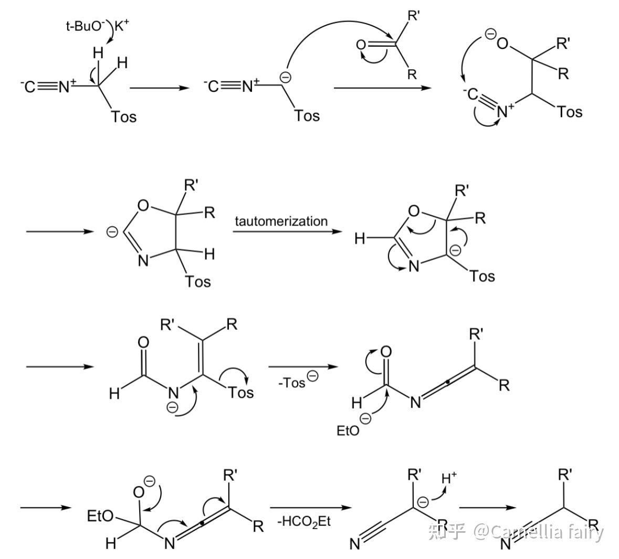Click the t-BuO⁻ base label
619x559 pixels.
[85, 26]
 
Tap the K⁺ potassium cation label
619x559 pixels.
[122, 26]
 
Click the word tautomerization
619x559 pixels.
[281, 221]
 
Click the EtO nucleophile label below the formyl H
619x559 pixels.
[348, 430]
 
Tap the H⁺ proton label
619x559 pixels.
[449, 478]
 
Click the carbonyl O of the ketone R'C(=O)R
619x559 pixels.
[361, 45]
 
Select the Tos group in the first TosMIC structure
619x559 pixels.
[123, 117]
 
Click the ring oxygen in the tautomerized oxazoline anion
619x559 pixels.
[414, 210]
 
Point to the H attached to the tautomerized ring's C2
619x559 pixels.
[360, 238]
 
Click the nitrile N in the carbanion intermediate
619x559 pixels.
[355, 544]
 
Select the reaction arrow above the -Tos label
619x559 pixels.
[303, 367]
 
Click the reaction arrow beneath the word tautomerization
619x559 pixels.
[287, 231]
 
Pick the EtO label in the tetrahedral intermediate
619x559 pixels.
[100, 516]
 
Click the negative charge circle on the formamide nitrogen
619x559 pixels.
[173, 407]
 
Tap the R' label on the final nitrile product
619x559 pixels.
[565, 474]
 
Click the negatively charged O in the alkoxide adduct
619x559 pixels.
[502, 43]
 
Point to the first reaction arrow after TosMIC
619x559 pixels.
[160, 88]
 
